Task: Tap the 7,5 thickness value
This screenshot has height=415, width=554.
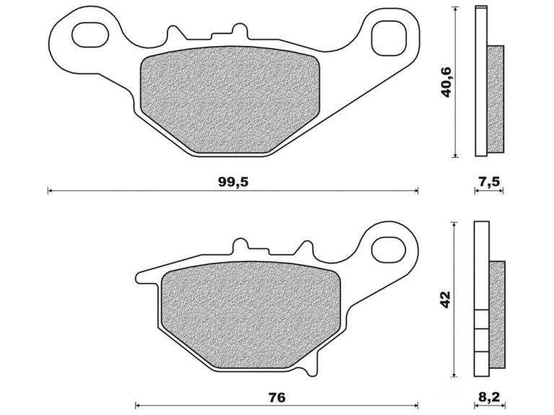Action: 489,182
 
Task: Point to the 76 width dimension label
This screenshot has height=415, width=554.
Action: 277,397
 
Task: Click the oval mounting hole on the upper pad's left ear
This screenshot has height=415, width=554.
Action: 88,34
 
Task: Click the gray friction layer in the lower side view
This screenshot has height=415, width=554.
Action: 497,314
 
